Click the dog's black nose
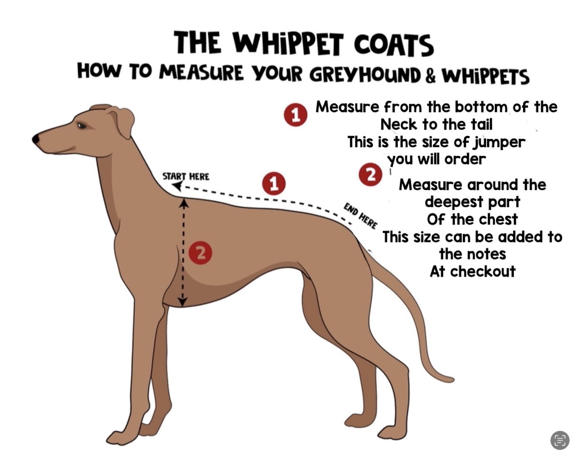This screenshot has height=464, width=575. point(36,139)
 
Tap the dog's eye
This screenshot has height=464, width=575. point(81,126)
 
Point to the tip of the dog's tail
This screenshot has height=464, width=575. point(452,380)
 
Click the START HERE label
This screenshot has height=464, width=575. point(186,176)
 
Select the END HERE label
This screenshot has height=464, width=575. point(360,216)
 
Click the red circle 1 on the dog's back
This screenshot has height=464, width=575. point(274,184)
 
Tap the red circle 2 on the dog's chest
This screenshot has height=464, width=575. point(200,253)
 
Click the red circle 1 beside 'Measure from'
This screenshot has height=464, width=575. point(296,115)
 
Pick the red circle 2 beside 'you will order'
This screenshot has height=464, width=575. point(370,175)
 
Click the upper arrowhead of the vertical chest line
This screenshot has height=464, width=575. point(183,202)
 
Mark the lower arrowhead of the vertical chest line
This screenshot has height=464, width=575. point(182,301)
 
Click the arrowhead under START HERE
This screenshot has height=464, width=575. point(178,185)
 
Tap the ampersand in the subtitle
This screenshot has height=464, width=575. point(431,76)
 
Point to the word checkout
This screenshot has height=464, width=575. point(483,272)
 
